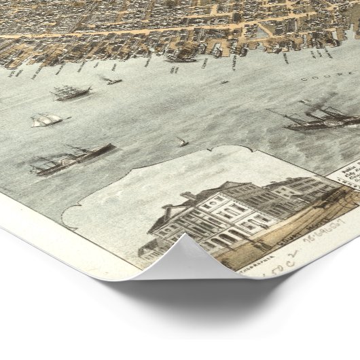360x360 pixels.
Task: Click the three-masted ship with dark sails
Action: click(x=71, y=92)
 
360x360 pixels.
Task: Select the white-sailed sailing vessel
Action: click(x=46, y=120)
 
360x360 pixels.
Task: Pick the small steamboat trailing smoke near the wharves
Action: click(x=110, y=81)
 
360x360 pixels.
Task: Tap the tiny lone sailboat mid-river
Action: click(x=182, y=142)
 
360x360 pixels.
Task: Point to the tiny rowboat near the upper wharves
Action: click(x=224, y=82)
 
